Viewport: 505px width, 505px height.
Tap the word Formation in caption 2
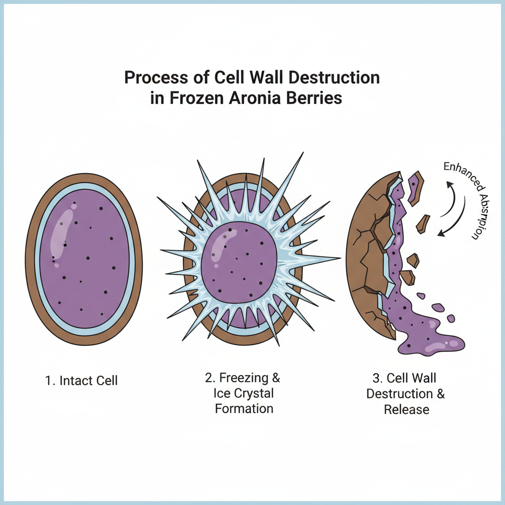pyautogui.click(x=244, y=409)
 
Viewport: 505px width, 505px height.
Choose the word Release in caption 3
pyautogui.click(x=406, y=409)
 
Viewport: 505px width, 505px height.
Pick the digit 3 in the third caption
pyautogui.click(x=377, y=379)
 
